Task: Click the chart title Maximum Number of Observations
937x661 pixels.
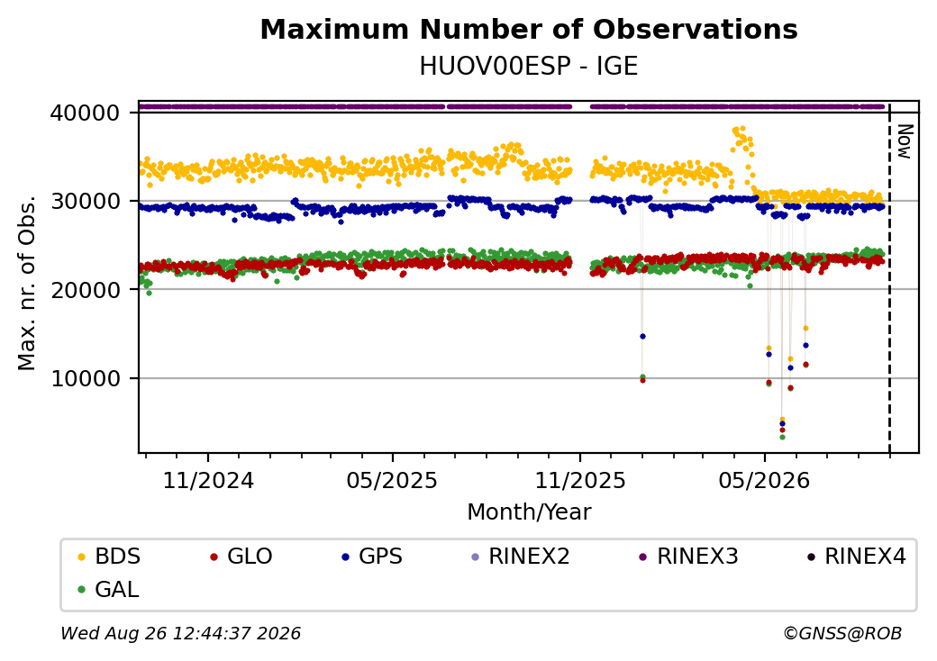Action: pyautogui.click(x=529, y=29)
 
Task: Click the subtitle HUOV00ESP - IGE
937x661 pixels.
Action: pyautogui.click(x=529, y=67)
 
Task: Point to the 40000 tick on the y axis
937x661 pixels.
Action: pyautogui.click(x=86, y=113)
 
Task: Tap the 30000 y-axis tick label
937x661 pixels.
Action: pyautogui.click(x=86, y=201)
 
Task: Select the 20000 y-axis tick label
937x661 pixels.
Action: pyautogui.click(x=86, y=290)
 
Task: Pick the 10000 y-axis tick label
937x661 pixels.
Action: pyautogui.click(x=86, y=378)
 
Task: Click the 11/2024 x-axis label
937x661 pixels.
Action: pyautogui.click(x=208, y=481)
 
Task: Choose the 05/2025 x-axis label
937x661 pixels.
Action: pyautogui.click(x=392, y=481)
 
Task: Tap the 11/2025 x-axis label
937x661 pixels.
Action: pyautogui.click(x=579, y=481)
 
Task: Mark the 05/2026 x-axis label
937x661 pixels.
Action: pyautogui.click(x=764, y=481)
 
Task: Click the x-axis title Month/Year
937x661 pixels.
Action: pyautogui.click(x=529, y=512)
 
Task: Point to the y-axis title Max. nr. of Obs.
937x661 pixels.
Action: pyautogui.click(x=27, y=283)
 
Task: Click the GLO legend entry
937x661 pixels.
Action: pyautogui.click(x=241, y=557)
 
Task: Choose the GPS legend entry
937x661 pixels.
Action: pyautogui.click(x=372, y=557)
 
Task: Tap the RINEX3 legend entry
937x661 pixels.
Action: pyautogui.click(x=688, y=557)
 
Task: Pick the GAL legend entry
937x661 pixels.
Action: pyautogui.click(x=108, y=589)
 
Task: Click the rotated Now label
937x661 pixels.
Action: pyautogui.click(x=905, y=141)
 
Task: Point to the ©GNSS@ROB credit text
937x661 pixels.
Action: pyautogui.click(x=842, y=633)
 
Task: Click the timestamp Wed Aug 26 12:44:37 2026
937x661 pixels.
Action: pyautogui.click(x=181, y=633)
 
